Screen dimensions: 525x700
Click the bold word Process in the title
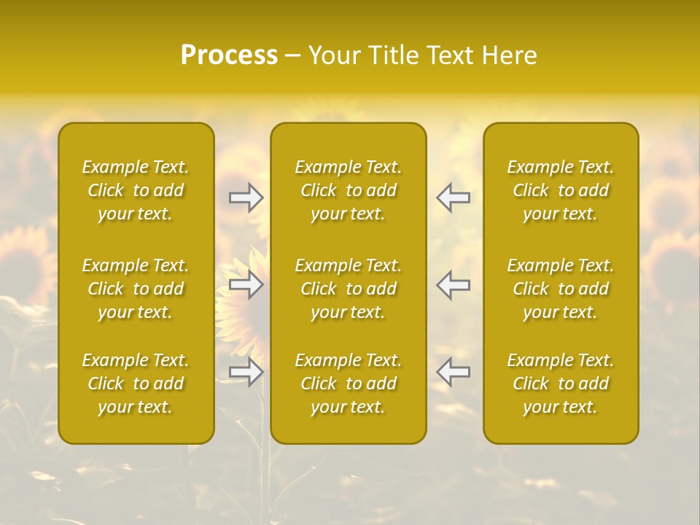229,55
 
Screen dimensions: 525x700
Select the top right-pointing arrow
246,198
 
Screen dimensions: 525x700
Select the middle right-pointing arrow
246,284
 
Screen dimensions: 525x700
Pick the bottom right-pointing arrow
246,372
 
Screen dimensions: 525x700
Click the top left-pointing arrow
453,198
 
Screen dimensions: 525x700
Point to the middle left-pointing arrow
453,284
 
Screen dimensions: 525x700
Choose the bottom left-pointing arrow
453,372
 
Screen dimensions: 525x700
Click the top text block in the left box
136,190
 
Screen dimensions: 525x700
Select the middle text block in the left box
136,289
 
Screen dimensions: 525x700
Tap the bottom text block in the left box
136,384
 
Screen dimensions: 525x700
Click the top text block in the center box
349,190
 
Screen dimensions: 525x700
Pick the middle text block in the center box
349,289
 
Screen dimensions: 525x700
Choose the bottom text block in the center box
349,384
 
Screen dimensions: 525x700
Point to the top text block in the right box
561,190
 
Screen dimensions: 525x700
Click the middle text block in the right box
561,289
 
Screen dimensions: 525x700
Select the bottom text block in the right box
561,384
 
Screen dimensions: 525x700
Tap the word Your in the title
334,55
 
